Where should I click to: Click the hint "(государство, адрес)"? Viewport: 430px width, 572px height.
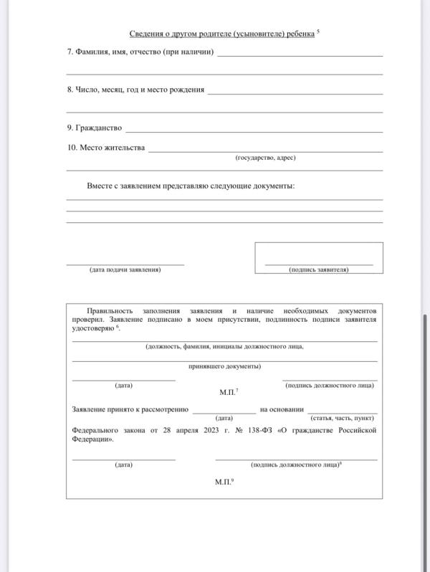point(265,158)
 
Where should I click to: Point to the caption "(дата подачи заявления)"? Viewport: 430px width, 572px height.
point(125,270)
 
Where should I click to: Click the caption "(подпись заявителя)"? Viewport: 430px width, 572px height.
point(318,270)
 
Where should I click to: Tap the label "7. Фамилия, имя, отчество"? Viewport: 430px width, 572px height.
point(140,51)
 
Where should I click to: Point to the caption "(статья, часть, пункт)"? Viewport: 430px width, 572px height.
point(342,418)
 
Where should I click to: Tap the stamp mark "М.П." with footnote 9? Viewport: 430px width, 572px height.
point(224,482)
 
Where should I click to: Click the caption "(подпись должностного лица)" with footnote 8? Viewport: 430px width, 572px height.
point(295,464)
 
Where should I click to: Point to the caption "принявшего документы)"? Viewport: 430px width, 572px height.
point(224,366)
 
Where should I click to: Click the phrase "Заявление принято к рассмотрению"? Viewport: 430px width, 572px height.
point(130,409)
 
